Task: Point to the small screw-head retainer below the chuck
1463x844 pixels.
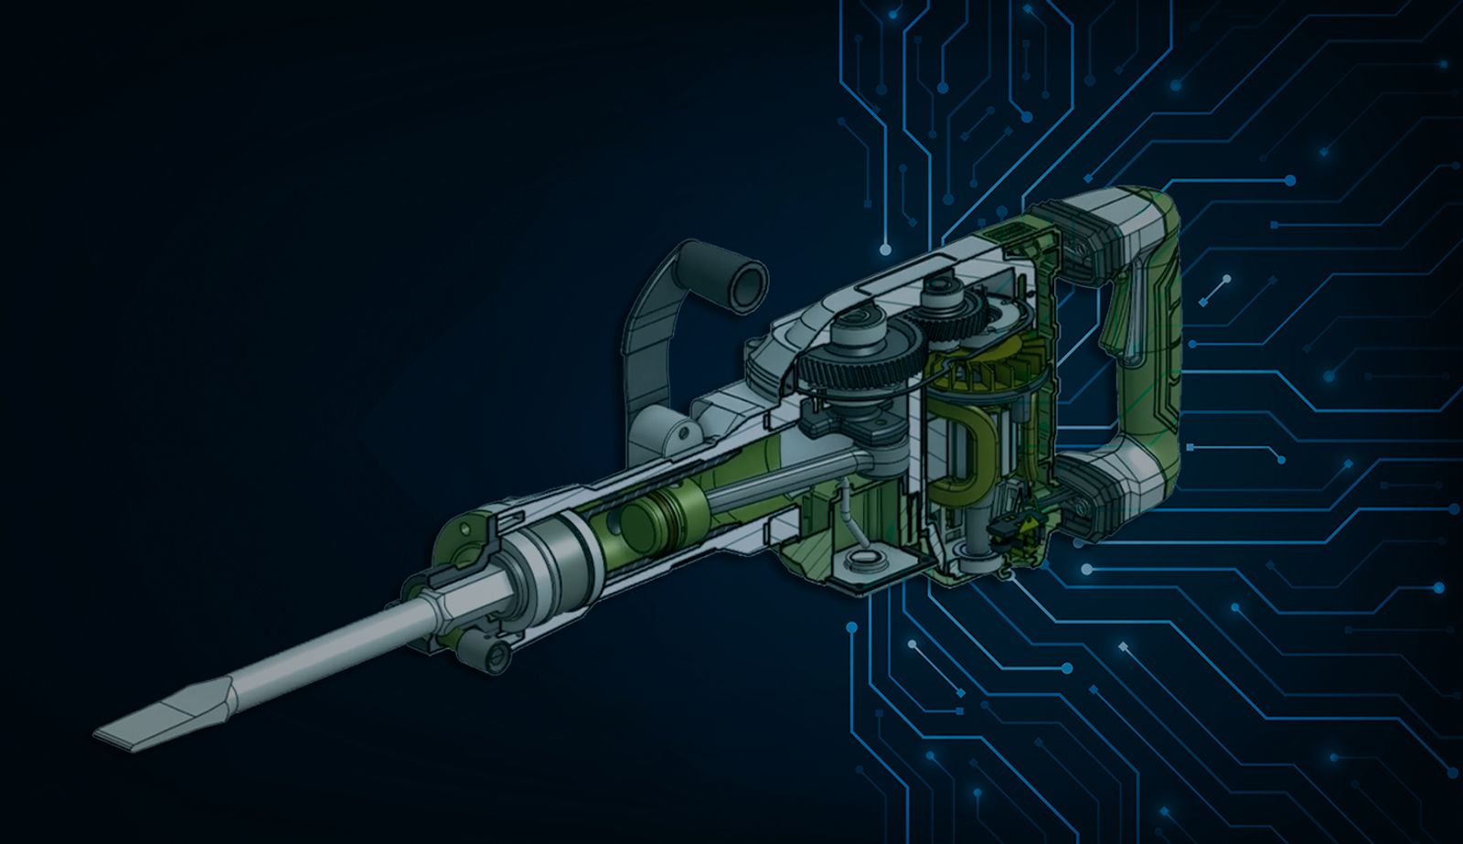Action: (x=498, y=652)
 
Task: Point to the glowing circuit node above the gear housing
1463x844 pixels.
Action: (x=884, y=249)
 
